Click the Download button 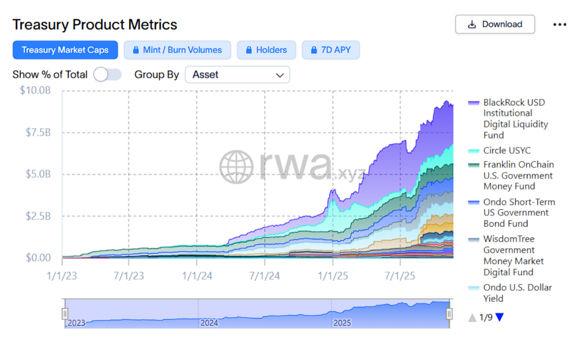[x=495, y=24]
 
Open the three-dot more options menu [x=560, y=25]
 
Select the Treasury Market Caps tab [x=65, y=50]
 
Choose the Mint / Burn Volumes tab [x=177, y=50]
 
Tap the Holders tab [x=266, y=50]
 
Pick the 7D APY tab [x=331, y=50]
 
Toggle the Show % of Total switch [x=107, y=75]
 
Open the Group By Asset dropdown [x=237, y=75]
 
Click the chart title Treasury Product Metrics [x=94, y=24]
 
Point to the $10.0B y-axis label [x=35, y=90]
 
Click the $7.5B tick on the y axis [x=38, y=132]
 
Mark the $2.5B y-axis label [x=38, y=216]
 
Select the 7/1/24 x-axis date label [x=265, y=276]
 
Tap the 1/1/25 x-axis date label [x=332, y=276]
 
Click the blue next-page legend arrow [x=500, y=317]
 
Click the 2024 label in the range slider [x=209, y=322]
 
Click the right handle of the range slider [x=449, y=314]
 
